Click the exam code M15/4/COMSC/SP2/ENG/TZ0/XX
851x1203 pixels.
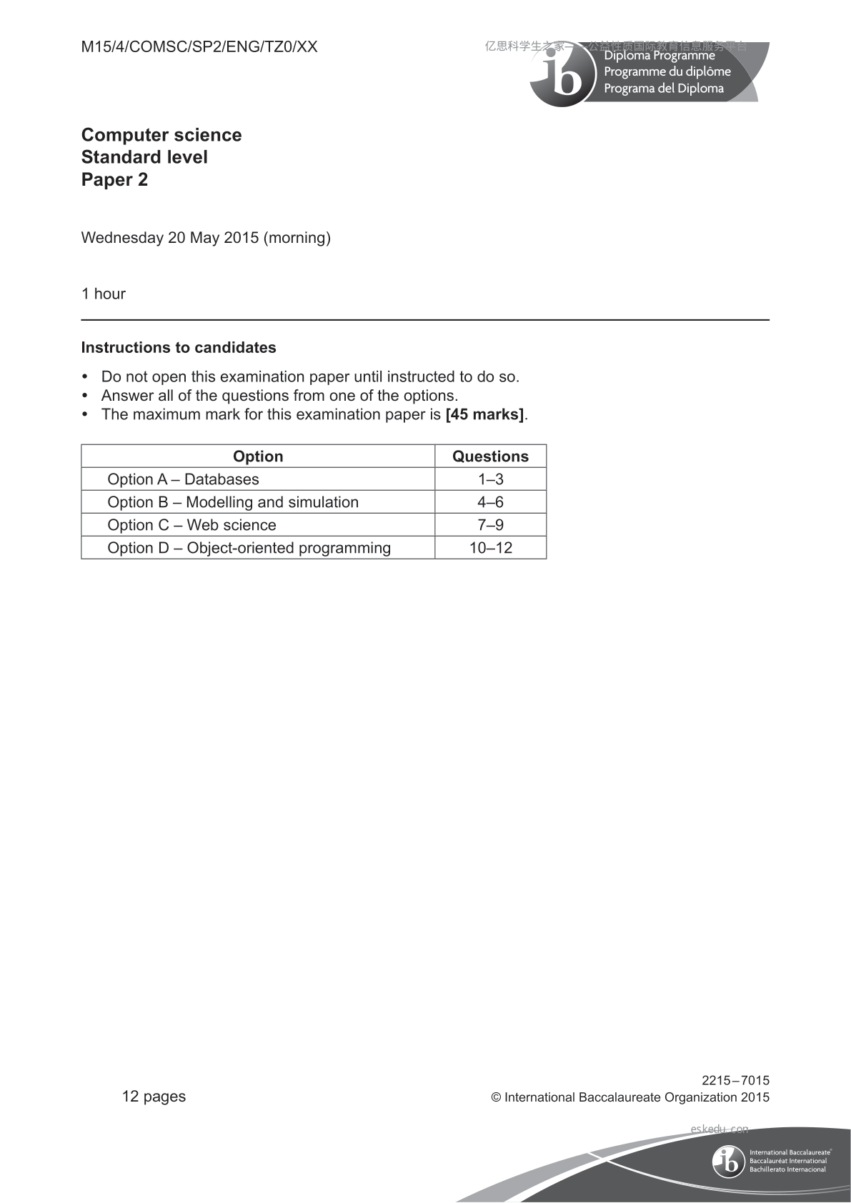click(x=199, y=47)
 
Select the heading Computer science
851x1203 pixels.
click(x=161, y=135)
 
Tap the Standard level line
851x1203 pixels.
click(x=144, y=157)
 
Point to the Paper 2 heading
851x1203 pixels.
click(x=114, y=179)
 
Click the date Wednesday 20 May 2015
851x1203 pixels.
click(x=170, y=238)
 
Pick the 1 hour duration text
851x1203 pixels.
click(x=104, y=294)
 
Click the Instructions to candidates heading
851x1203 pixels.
click(x=179, y=348)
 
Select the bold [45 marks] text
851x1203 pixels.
click(x=484, y=414)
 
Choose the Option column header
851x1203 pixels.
click(x=258, y=456)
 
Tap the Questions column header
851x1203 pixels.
click(x=490, y=456)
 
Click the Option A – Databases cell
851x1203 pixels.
click(x=183, y=479)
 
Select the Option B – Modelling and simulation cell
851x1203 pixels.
click(x=233, y=502)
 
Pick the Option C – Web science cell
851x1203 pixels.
click(x=191, y=525)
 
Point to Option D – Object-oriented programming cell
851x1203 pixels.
click(x=249, y=548)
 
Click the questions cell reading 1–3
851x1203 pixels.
click(x=490, y=479)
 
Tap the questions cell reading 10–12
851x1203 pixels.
click(x=490, y=548)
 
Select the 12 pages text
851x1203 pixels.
click(x=154, y=1097)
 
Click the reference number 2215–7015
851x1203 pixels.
click(x=735, y=1081)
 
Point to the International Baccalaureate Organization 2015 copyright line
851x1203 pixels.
click(x=630, y=1097)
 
